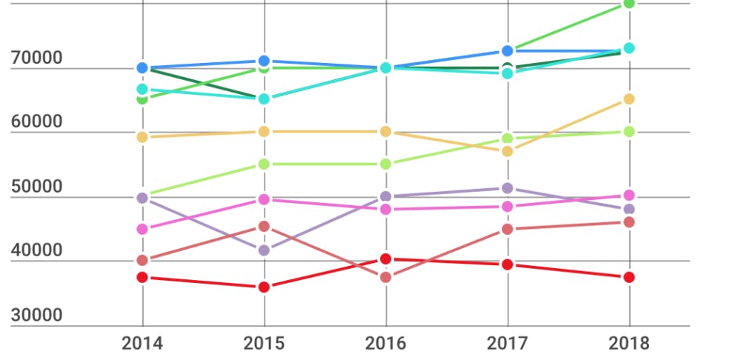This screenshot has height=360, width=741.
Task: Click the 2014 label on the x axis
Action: coord(142,343)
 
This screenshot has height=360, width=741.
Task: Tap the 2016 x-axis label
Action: coord(385,343)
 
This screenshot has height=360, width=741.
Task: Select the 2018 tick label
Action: coord(628,343)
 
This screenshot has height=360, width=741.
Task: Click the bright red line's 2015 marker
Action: coord(264,287)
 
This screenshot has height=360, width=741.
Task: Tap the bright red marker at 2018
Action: coord(628,277)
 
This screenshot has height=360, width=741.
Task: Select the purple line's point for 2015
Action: coord(264,250)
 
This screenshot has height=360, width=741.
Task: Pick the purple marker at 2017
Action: coord(508,189)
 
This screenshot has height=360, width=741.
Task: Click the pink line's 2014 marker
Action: coord(142,229)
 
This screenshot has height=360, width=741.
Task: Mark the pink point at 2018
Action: coord(628,196)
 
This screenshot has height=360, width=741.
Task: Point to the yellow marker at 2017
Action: coord(508,151)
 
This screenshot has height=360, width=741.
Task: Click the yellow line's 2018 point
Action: coord(628,99)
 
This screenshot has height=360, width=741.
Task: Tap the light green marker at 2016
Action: coord(385,164)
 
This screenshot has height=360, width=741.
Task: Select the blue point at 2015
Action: coord(264,61)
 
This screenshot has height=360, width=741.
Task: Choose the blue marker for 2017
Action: coord(508,51)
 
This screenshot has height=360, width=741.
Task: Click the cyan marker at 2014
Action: coord(142,89)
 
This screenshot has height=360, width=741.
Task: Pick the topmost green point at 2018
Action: coord(629,4)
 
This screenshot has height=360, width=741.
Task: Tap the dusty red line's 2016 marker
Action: coord(385,277)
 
